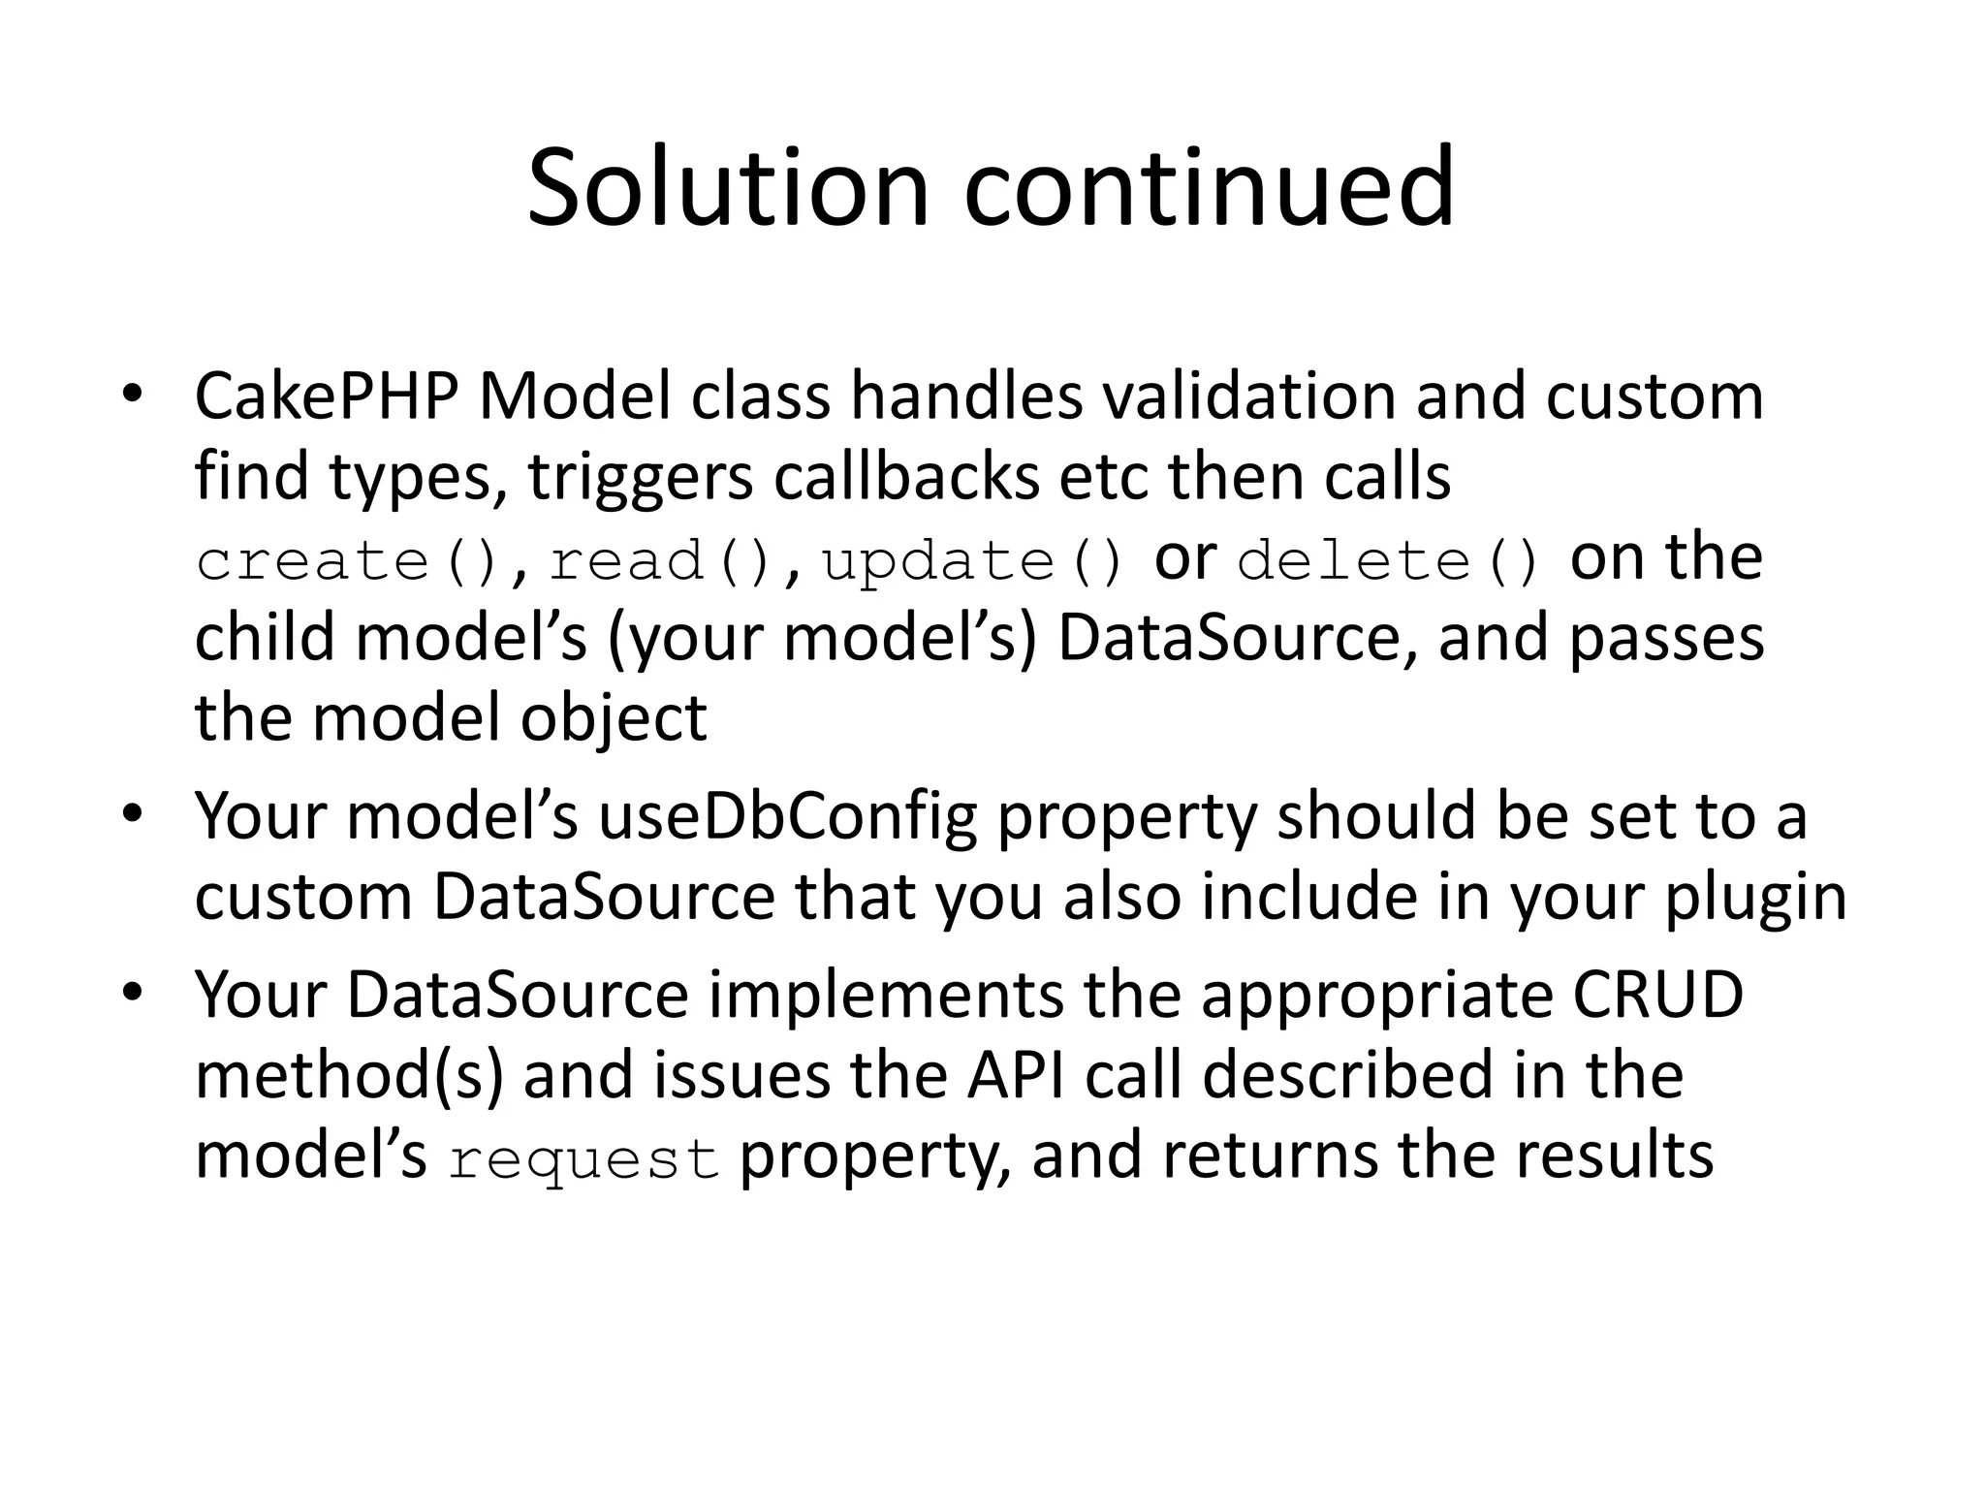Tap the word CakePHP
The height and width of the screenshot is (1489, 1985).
[326, 397]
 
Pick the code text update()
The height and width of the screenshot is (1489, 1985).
[973, 561]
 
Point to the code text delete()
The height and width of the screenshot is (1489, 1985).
[1389, 561]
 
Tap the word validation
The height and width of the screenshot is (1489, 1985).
[1247, 397]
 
